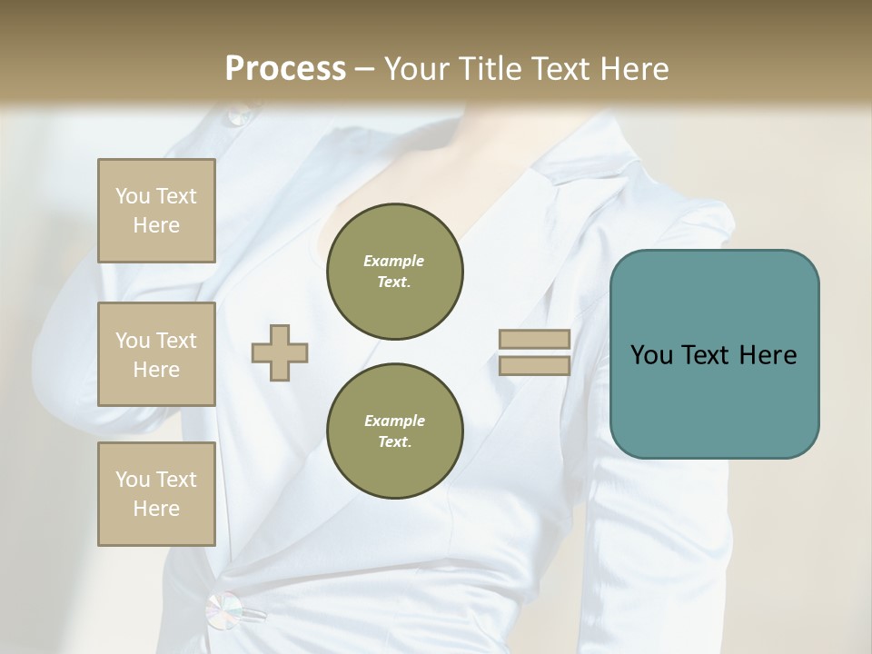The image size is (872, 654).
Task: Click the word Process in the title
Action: coord(285,69)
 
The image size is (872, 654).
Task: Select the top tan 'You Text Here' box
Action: coord(156,211)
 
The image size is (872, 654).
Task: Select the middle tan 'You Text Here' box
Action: coord(156,354)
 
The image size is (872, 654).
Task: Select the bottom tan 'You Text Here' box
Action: coord(156,493)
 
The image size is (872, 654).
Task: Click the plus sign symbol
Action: coord(280,352)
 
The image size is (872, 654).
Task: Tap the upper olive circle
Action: coord(394,272)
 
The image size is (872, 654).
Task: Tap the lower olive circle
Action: coord(394,431)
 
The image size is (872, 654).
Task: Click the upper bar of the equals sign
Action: coord(534,340)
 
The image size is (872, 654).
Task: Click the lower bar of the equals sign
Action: coord(534,365)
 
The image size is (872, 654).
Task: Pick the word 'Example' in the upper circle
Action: coord(394,261)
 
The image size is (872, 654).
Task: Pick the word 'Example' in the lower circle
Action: coord(394,421)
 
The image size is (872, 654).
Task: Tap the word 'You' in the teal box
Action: coord(652,355)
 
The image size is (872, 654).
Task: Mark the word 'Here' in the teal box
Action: coord(768,355)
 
